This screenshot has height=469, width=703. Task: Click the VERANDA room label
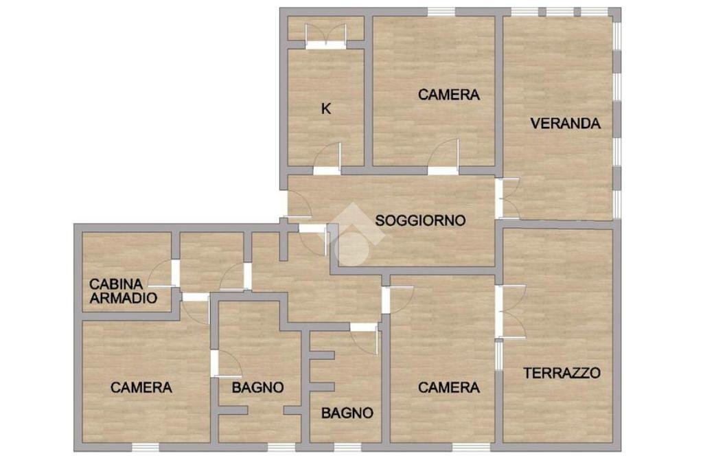[x=565, y=124]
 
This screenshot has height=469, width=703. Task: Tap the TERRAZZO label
[x=562, y=373]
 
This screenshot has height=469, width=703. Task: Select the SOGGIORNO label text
[x=420, y=220]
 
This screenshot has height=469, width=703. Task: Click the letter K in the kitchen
[x=326, y=108]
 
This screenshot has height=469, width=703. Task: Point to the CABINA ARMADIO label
[x=124, y=291]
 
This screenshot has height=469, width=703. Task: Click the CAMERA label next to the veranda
[x=449, y=95]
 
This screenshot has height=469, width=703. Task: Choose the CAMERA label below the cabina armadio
[x=141, y=387]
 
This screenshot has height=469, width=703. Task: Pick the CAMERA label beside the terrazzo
[x=449, y=387]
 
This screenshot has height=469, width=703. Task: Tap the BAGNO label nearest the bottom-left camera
[x=257, y=387]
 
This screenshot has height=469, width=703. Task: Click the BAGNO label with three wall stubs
[x=347, y=413]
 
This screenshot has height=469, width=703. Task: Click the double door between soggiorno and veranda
[x=508, y=198]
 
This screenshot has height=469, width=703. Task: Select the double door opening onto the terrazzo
[x=511, y=311]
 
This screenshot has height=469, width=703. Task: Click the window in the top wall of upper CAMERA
[x=441, y=12]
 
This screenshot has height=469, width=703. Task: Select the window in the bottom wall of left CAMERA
[x=145, y=447]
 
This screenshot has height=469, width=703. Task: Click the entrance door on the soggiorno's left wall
[x=298, y=204]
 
